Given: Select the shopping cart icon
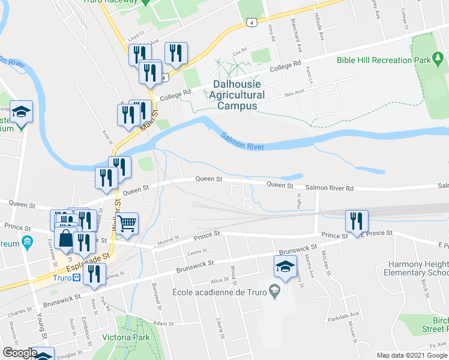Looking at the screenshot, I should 127,224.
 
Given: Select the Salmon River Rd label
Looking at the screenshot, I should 329,188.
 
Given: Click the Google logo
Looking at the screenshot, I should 19,353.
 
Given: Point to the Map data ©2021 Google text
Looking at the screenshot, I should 412,355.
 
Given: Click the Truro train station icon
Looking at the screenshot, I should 76,278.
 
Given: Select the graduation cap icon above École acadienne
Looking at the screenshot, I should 285,266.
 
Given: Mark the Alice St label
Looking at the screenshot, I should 219,280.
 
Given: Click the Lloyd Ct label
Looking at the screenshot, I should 136,35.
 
